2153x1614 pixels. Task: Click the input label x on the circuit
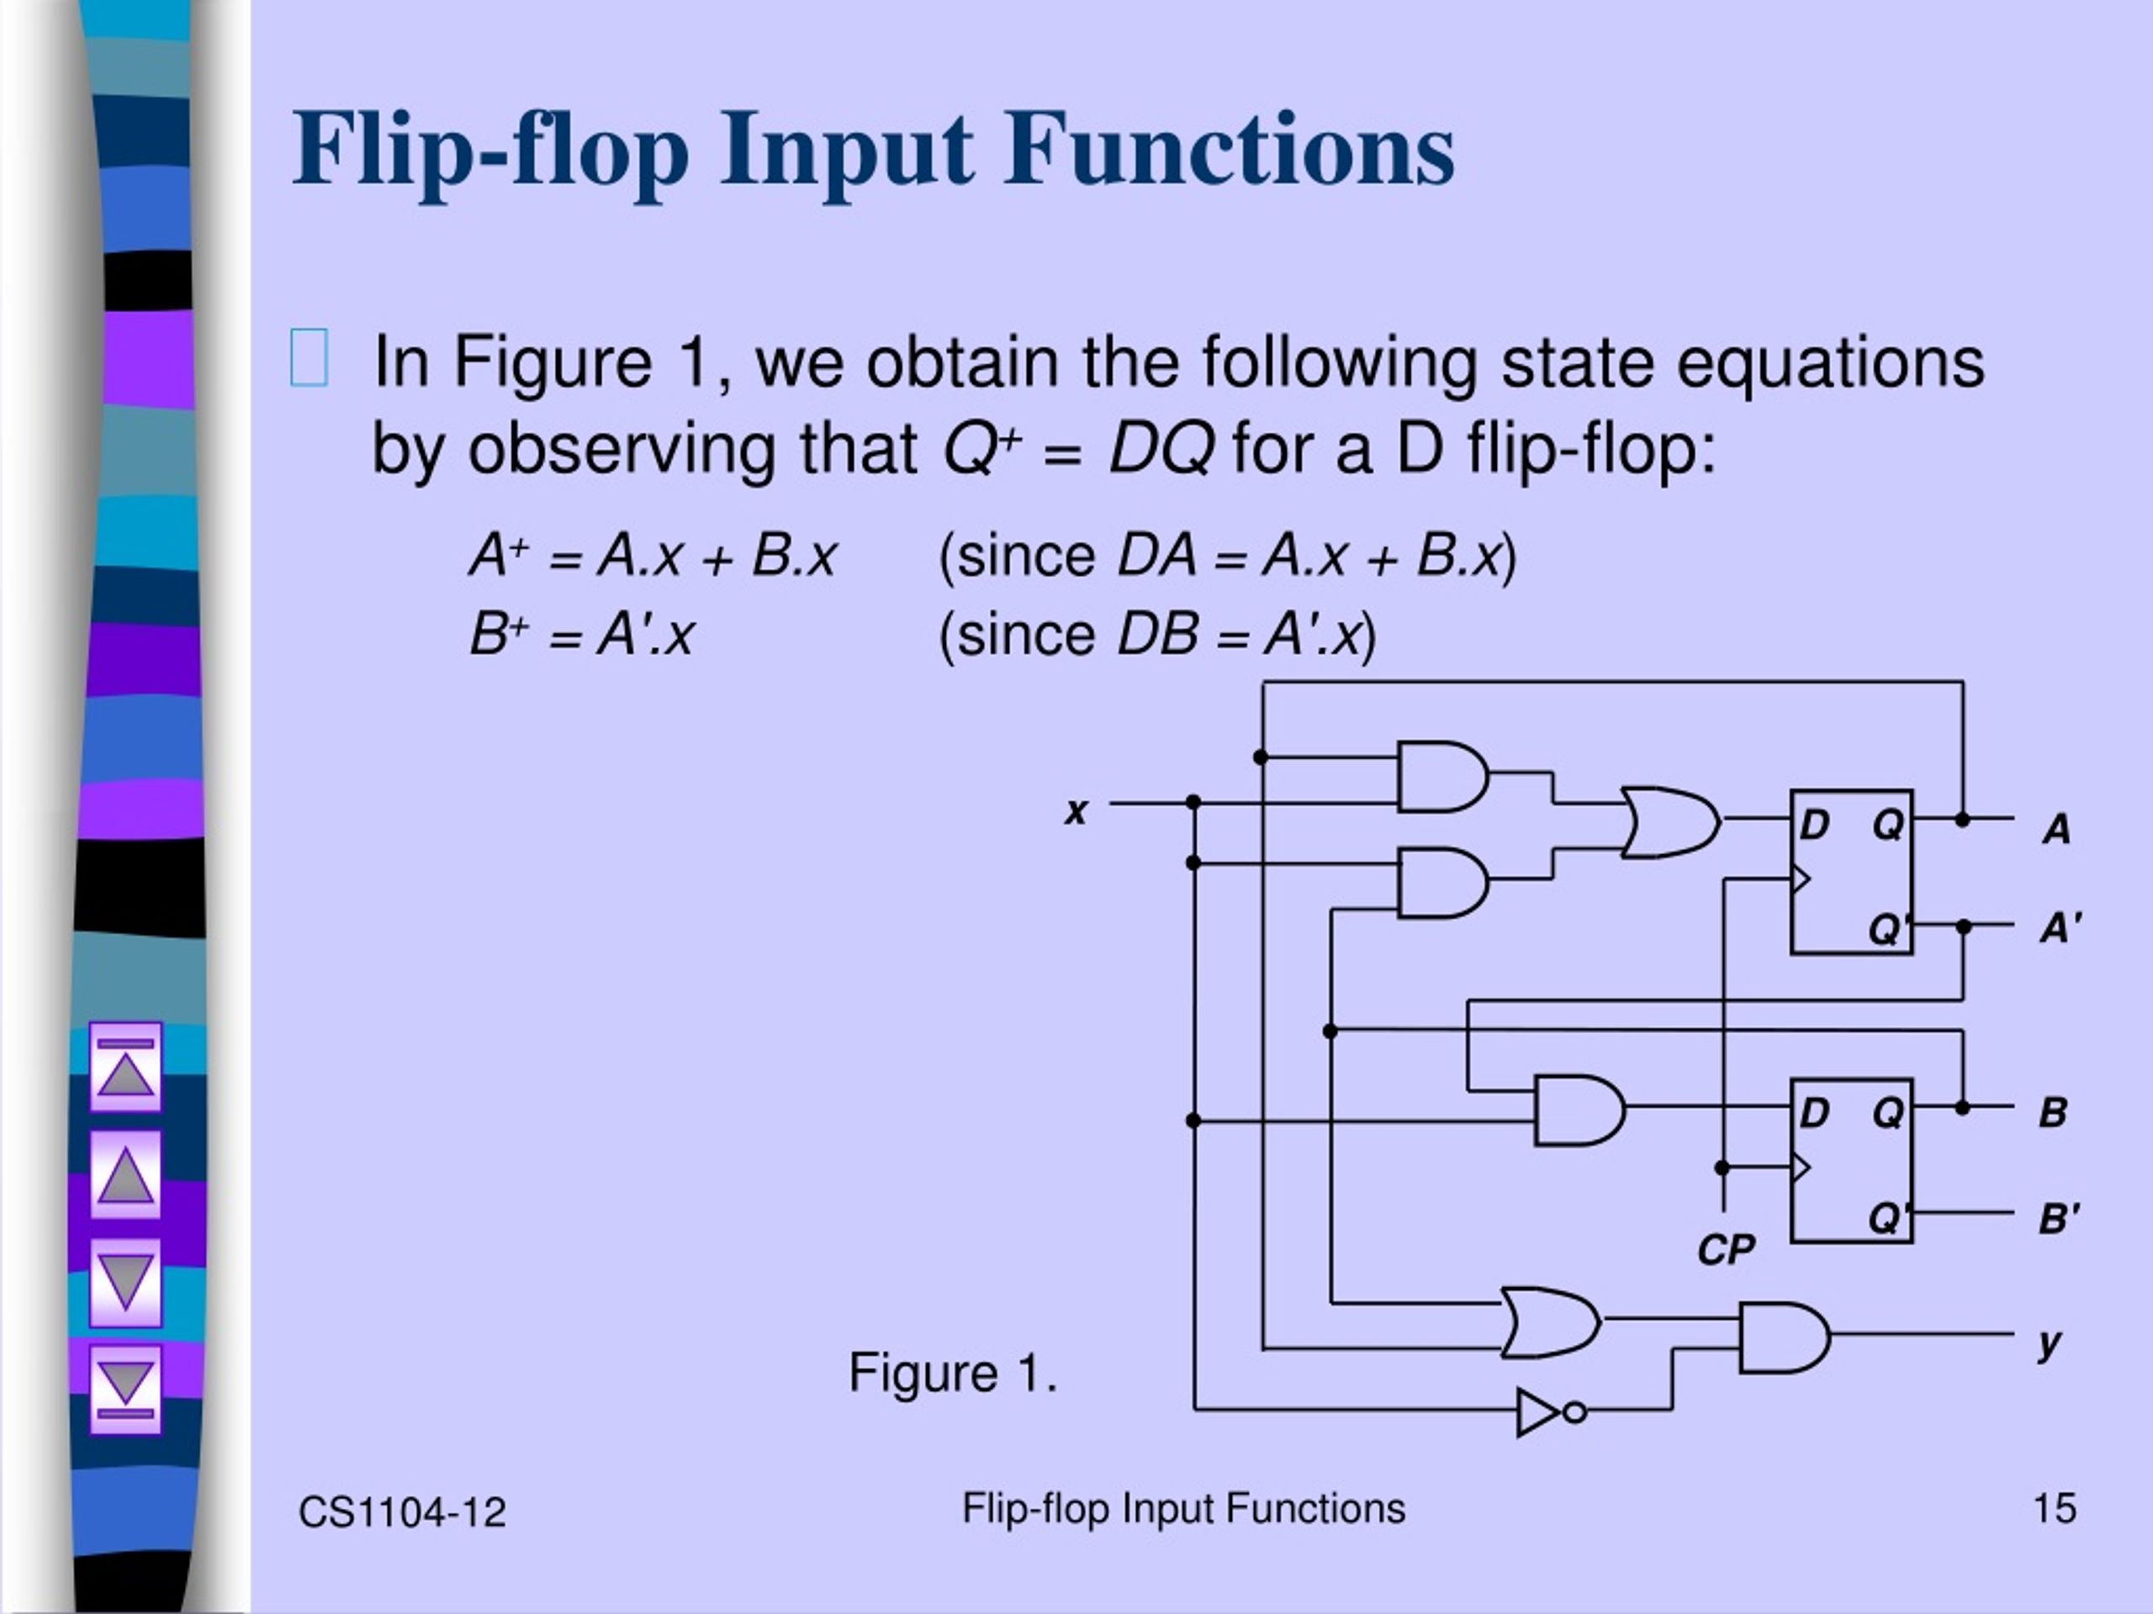point(1076,810)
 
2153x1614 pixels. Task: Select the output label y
point(2050,1344)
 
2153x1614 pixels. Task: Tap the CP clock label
point(1726,1250)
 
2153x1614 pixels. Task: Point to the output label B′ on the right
point(2059,1218)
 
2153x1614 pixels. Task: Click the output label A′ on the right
point(2060,927)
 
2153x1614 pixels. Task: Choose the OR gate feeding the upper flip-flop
point(1670,822)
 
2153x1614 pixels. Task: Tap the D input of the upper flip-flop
point(1813,825)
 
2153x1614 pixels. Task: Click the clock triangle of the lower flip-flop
point(1801,1167)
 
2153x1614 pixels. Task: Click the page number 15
point(2055,1509)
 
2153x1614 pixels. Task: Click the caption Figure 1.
point(953,1373)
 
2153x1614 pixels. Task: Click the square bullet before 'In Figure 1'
point(309,359)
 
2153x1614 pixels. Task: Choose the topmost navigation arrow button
point(125,1066)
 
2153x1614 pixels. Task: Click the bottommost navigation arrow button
point(125,1390)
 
